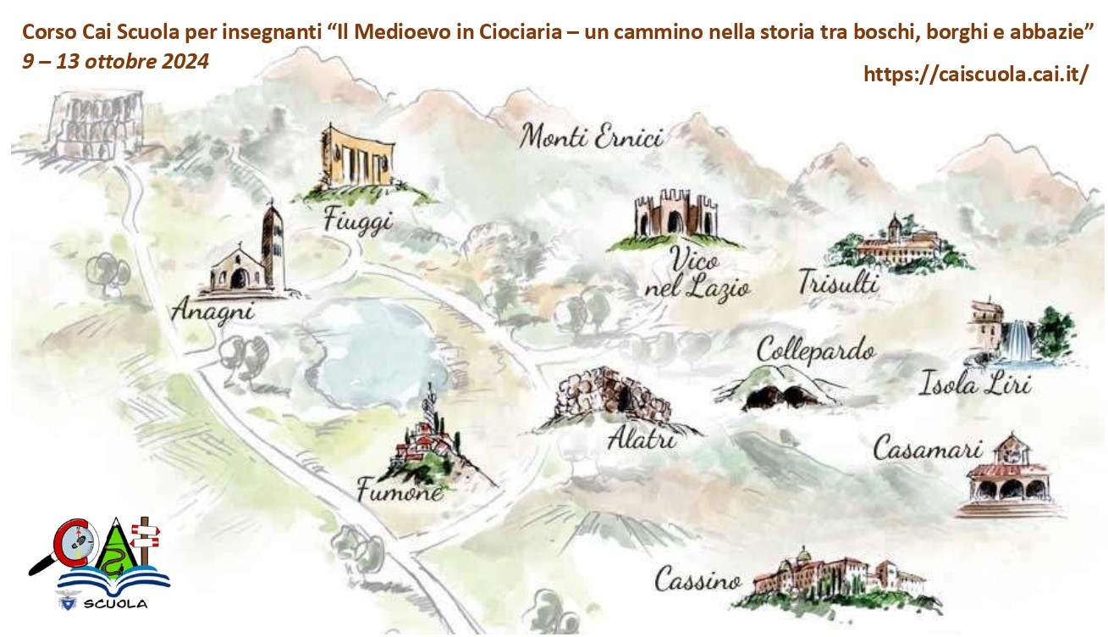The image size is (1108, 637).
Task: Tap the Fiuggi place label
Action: coord(358,222)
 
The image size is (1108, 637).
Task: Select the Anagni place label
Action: coord(212,311)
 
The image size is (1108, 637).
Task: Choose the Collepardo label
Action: coord(815,350)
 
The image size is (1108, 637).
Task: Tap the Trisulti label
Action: coord(838,282)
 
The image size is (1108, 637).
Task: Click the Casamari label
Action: coord(927,449)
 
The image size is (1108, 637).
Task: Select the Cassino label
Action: coord(697,581)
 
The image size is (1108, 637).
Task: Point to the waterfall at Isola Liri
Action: coord(1017,339)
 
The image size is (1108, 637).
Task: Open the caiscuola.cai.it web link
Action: coord(975,75)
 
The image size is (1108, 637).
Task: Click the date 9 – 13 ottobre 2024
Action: coord(116,62)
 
